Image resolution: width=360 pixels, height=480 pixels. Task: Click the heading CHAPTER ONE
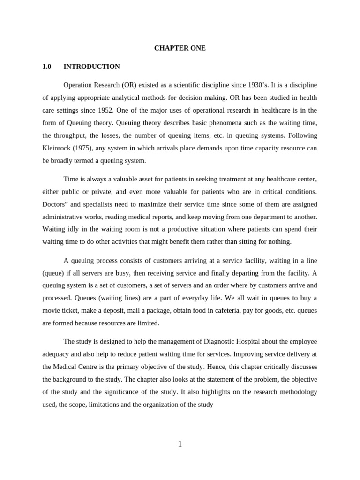tap(180, 48)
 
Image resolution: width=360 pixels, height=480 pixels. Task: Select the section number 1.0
tap(46, 67)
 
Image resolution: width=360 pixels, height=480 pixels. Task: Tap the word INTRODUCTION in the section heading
tap(91, 67)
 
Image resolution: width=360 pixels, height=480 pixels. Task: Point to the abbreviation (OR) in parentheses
tap(128, 85)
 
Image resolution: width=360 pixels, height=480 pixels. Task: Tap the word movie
tap(52, 310)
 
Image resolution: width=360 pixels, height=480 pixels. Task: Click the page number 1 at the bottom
tap(180, 444)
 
